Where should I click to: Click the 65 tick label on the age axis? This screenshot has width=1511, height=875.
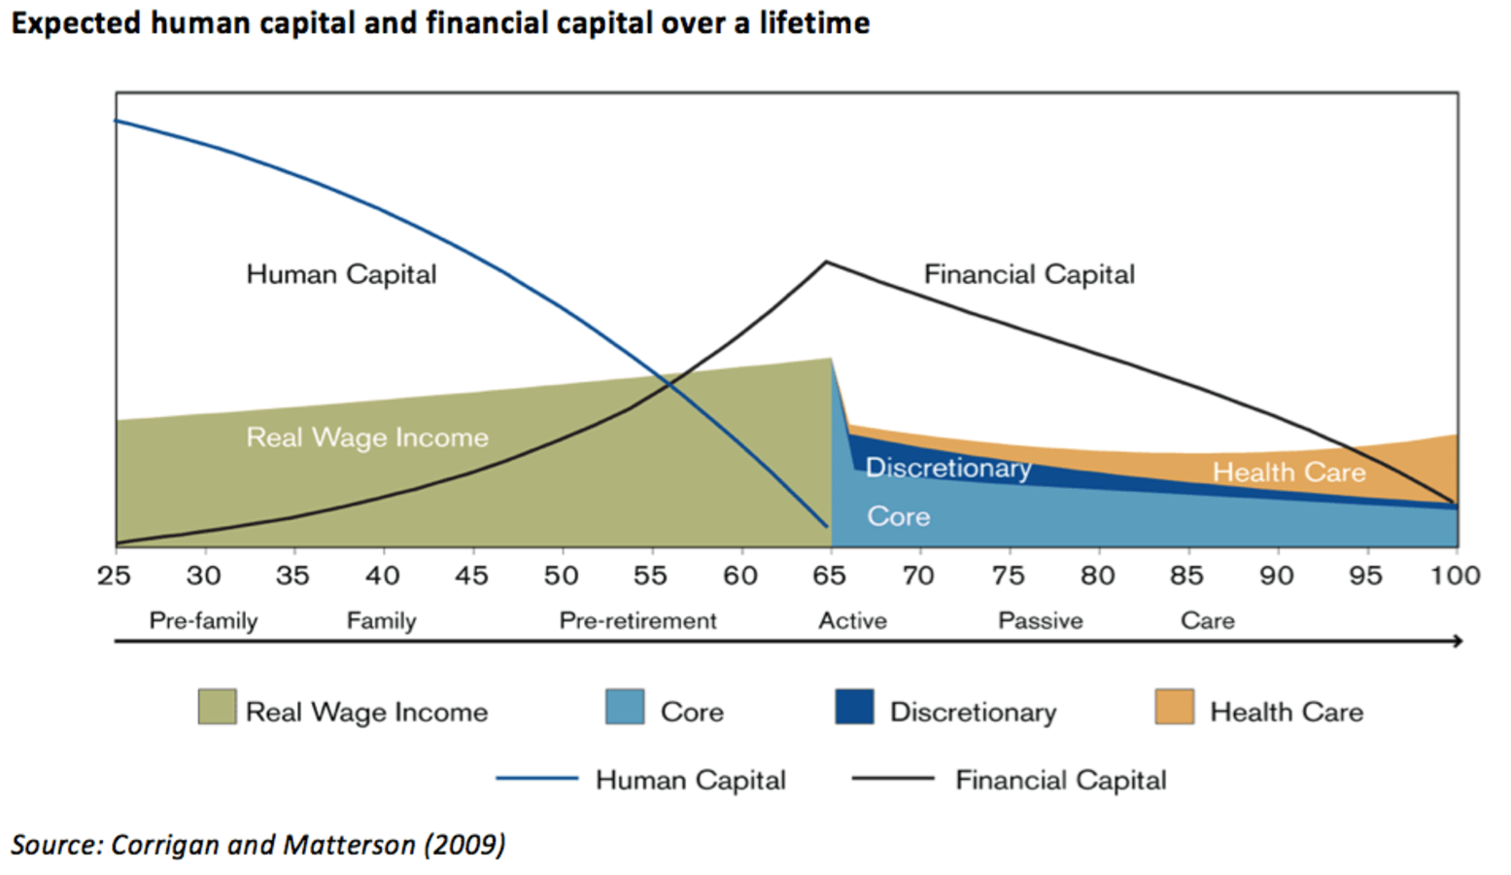[x=829, y=576]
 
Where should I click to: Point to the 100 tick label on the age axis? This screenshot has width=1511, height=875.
[x=1455, y=576]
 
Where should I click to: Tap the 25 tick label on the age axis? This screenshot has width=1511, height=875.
[x=114, y=576]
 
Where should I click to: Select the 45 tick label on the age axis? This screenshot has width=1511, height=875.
[x=471, y=576]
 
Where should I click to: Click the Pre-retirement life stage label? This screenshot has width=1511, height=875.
[x=637, y=620]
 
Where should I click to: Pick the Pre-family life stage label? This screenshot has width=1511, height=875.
[x=203, y=620]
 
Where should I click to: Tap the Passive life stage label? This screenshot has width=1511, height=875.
[x=1040, y=620]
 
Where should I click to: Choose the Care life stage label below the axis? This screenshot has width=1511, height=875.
[x=1207, y=620]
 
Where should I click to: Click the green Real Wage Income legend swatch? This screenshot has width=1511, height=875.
[x=217, y=707]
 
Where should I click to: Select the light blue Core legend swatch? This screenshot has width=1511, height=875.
[x=624, y=707]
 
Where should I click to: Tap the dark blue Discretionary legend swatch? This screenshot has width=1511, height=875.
[x=854, y=707]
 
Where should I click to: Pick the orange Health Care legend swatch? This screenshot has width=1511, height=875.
[x=1174, y=707]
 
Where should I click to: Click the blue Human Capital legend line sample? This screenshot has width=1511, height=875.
[x=536, y=779]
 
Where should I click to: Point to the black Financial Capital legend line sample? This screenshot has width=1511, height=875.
[x=892, y=779]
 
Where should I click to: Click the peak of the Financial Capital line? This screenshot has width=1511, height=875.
[x=826, y=262]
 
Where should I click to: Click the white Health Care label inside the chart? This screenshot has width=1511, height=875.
[x=1288, y=472]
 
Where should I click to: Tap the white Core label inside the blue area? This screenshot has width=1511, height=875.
[x=898, y=516]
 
